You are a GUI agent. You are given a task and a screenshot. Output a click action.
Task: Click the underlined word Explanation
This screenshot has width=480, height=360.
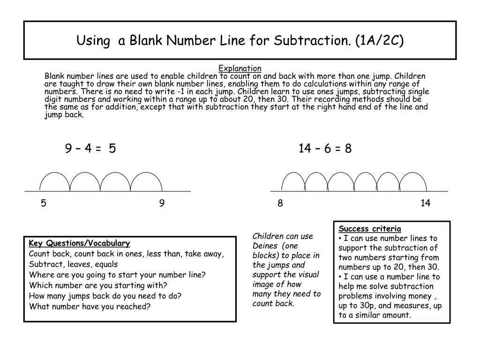click(x=240, y=68)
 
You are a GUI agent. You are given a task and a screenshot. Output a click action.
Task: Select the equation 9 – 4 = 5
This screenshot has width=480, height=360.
click(x=90, y=149)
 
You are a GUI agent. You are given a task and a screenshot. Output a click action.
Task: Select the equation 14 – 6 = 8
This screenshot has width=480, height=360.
click(x=325, y=149)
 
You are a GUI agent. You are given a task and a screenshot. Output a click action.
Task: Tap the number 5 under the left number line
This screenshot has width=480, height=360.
click(x=43, y=203)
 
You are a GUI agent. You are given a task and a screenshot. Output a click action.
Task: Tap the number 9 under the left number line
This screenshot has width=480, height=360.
click(x=162, y=203)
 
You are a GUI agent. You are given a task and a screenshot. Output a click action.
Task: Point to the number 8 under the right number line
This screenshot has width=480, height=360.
click(x=280, y=203)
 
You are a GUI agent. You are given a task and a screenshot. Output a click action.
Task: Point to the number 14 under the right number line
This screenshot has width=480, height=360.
click(x=425, y=203)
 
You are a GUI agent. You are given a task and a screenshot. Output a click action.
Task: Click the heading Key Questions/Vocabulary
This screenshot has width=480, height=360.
click(x=79, y=243)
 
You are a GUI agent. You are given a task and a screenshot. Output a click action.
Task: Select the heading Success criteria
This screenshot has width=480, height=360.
click(x=370, y=229)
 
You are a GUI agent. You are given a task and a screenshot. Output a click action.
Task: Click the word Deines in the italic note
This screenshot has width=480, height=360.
click(x=265, y=246)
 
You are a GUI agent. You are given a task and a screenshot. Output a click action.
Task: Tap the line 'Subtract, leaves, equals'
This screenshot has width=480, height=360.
click(x=73, y=264)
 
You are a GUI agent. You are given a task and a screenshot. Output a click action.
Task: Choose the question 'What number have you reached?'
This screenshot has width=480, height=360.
click(x=90, y=307)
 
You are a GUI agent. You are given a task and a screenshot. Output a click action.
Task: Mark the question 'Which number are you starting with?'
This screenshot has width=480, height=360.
click(x=98, y=285)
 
